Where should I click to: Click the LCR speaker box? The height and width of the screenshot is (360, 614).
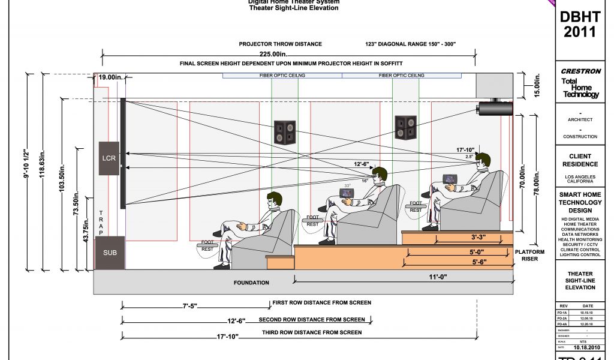pyautogui.click(x=109, y=158)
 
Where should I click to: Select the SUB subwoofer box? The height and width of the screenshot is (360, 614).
pyautogui.click(x=110, y=253)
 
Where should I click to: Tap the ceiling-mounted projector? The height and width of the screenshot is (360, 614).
pyautogui.click(x=495, y=108)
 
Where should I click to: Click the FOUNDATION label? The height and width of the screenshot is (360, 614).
pyautogui.click(x=251, y=282)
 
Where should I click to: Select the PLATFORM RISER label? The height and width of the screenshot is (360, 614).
pyautogui.click(x=530, y=256)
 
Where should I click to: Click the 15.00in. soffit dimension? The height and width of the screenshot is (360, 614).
pyautogui.click(x=537, y=86)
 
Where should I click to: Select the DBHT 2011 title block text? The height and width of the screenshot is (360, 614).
pyautogui.click(x=580, y=24)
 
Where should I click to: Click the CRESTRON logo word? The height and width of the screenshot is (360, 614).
pyautogui.click(x=580, y=71)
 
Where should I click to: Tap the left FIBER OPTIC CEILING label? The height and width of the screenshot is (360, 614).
pyautogui.click(x=282, y=76)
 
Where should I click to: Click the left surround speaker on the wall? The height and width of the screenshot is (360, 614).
pyautogui.click(x=285, y=132)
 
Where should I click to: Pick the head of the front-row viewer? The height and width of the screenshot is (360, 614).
pyautogui.click(x=274, y=200)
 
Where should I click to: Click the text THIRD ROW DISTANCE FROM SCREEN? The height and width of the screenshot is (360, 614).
pyautogui.click(x=312, y=332)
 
